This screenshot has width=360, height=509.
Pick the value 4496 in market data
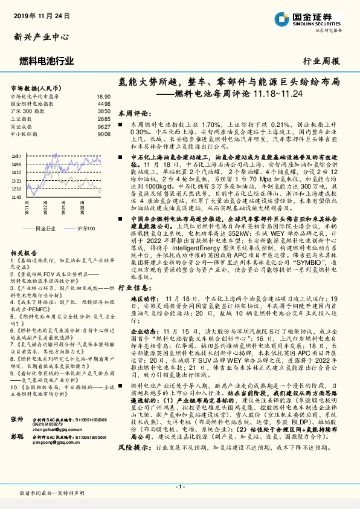click(x=104, y=104)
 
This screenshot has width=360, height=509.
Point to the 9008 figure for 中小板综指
click(x=104, y=135)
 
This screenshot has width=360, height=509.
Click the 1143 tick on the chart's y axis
click(x=16, y=196)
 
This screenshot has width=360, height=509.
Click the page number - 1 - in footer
click(x=179, y=486)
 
